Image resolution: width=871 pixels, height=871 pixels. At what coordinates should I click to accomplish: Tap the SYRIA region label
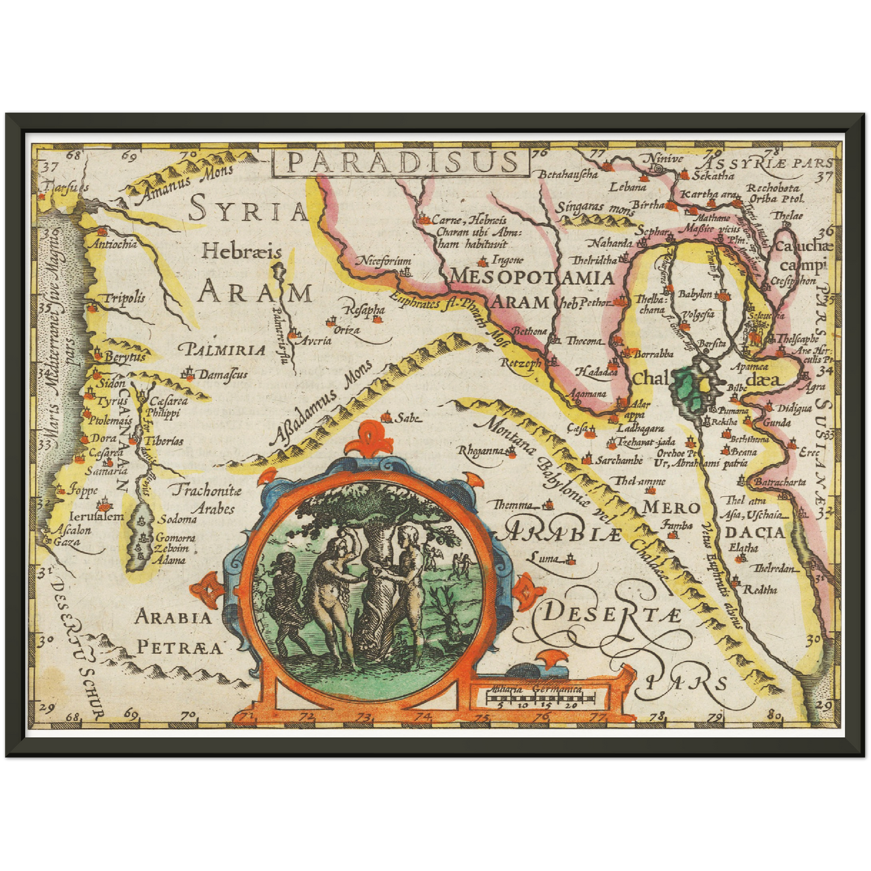[x=248, y=211]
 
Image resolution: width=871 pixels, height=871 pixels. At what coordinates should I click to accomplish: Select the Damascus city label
[x=222, y=375]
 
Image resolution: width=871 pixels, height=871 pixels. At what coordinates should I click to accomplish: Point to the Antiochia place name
[x=112, y=244]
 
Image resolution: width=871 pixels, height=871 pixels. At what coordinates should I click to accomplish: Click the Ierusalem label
[x=96, y=517]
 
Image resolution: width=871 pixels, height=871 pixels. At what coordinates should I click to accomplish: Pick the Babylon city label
[x=695, y=294]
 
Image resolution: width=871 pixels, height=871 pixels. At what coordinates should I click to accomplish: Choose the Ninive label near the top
[x=665, y=159]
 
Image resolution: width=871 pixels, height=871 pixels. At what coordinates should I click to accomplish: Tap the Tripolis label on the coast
[x=124, y=298]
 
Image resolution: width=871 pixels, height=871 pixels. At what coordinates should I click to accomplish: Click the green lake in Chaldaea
[x=685, y=389]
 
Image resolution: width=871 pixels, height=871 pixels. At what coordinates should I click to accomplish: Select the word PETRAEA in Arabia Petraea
[x=180, y=648]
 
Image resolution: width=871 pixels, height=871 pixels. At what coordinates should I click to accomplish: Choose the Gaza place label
[x=66, y=542]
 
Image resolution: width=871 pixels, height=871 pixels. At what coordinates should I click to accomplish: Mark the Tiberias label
[x=163, y=441]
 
